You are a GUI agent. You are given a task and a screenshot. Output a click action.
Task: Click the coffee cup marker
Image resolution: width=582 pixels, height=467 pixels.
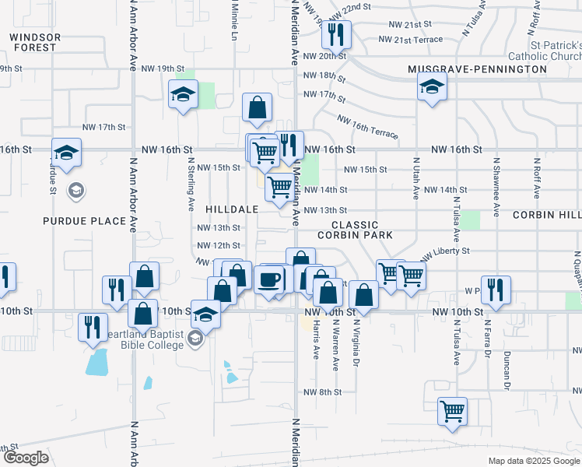[x=269, y=279]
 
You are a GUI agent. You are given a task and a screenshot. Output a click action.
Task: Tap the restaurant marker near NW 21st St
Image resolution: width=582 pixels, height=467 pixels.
[x=337, y=34]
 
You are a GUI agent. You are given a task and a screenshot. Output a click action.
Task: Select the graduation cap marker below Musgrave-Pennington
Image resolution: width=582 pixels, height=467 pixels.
[x=430, y=86]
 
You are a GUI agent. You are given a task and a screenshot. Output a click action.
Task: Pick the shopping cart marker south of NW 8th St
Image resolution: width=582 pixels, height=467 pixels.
[x=451, y=410]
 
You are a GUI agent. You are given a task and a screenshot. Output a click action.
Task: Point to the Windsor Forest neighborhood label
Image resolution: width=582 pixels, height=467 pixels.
[x=33, y=42]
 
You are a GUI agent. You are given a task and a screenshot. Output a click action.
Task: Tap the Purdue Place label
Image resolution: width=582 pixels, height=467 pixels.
[x=84, y=221]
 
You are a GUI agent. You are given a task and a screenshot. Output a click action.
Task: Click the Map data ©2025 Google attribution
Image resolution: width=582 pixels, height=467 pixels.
[x=534, y=461]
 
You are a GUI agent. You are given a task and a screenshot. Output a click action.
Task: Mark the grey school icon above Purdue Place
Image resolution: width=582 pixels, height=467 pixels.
[x=76, y=190]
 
